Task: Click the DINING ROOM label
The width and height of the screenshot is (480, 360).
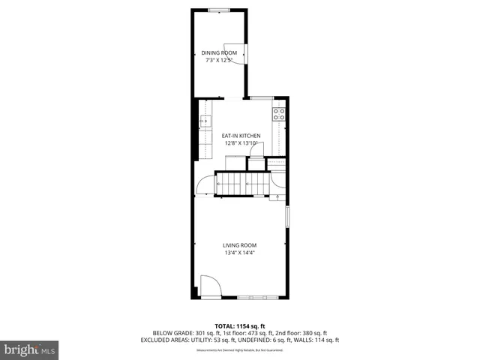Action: tap(219, 52)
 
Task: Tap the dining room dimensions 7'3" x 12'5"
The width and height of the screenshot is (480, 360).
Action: tap(219, 60)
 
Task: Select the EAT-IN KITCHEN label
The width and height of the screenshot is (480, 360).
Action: tap(241, 136)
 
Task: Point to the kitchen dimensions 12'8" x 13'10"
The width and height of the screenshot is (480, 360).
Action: tap(241, 143)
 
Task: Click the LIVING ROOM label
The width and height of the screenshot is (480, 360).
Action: tap(240, 245)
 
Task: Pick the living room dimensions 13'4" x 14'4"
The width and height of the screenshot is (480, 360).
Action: tap(240, 253)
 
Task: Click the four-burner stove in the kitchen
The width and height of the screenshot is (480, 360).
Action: tap(278, 115)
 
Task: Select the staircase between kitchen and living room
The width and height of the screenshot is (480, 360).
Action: tap(241, 184)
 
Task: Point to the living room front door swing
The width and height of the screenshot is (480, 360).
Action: tap(209, 286)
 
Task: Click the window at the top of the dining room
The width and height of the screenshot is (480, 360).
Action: tap(219, 10)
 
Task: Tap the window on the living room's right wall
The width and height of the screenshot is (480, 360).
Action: tap(286, 215)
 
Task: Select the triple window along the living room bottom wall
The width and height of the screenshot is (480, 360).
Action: tap(259, 298)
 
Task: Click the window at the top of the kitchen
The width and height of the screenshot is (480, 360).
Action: tap(260, 97)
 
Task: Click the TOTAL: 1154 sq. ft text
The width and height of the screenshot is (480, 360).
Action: tap(240, 326)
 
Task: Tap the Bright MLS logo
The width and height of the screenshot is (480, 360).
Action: tap(29, 349)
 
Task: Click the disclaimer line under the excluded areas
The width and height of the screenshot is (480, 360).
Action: tap(240, 347)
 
